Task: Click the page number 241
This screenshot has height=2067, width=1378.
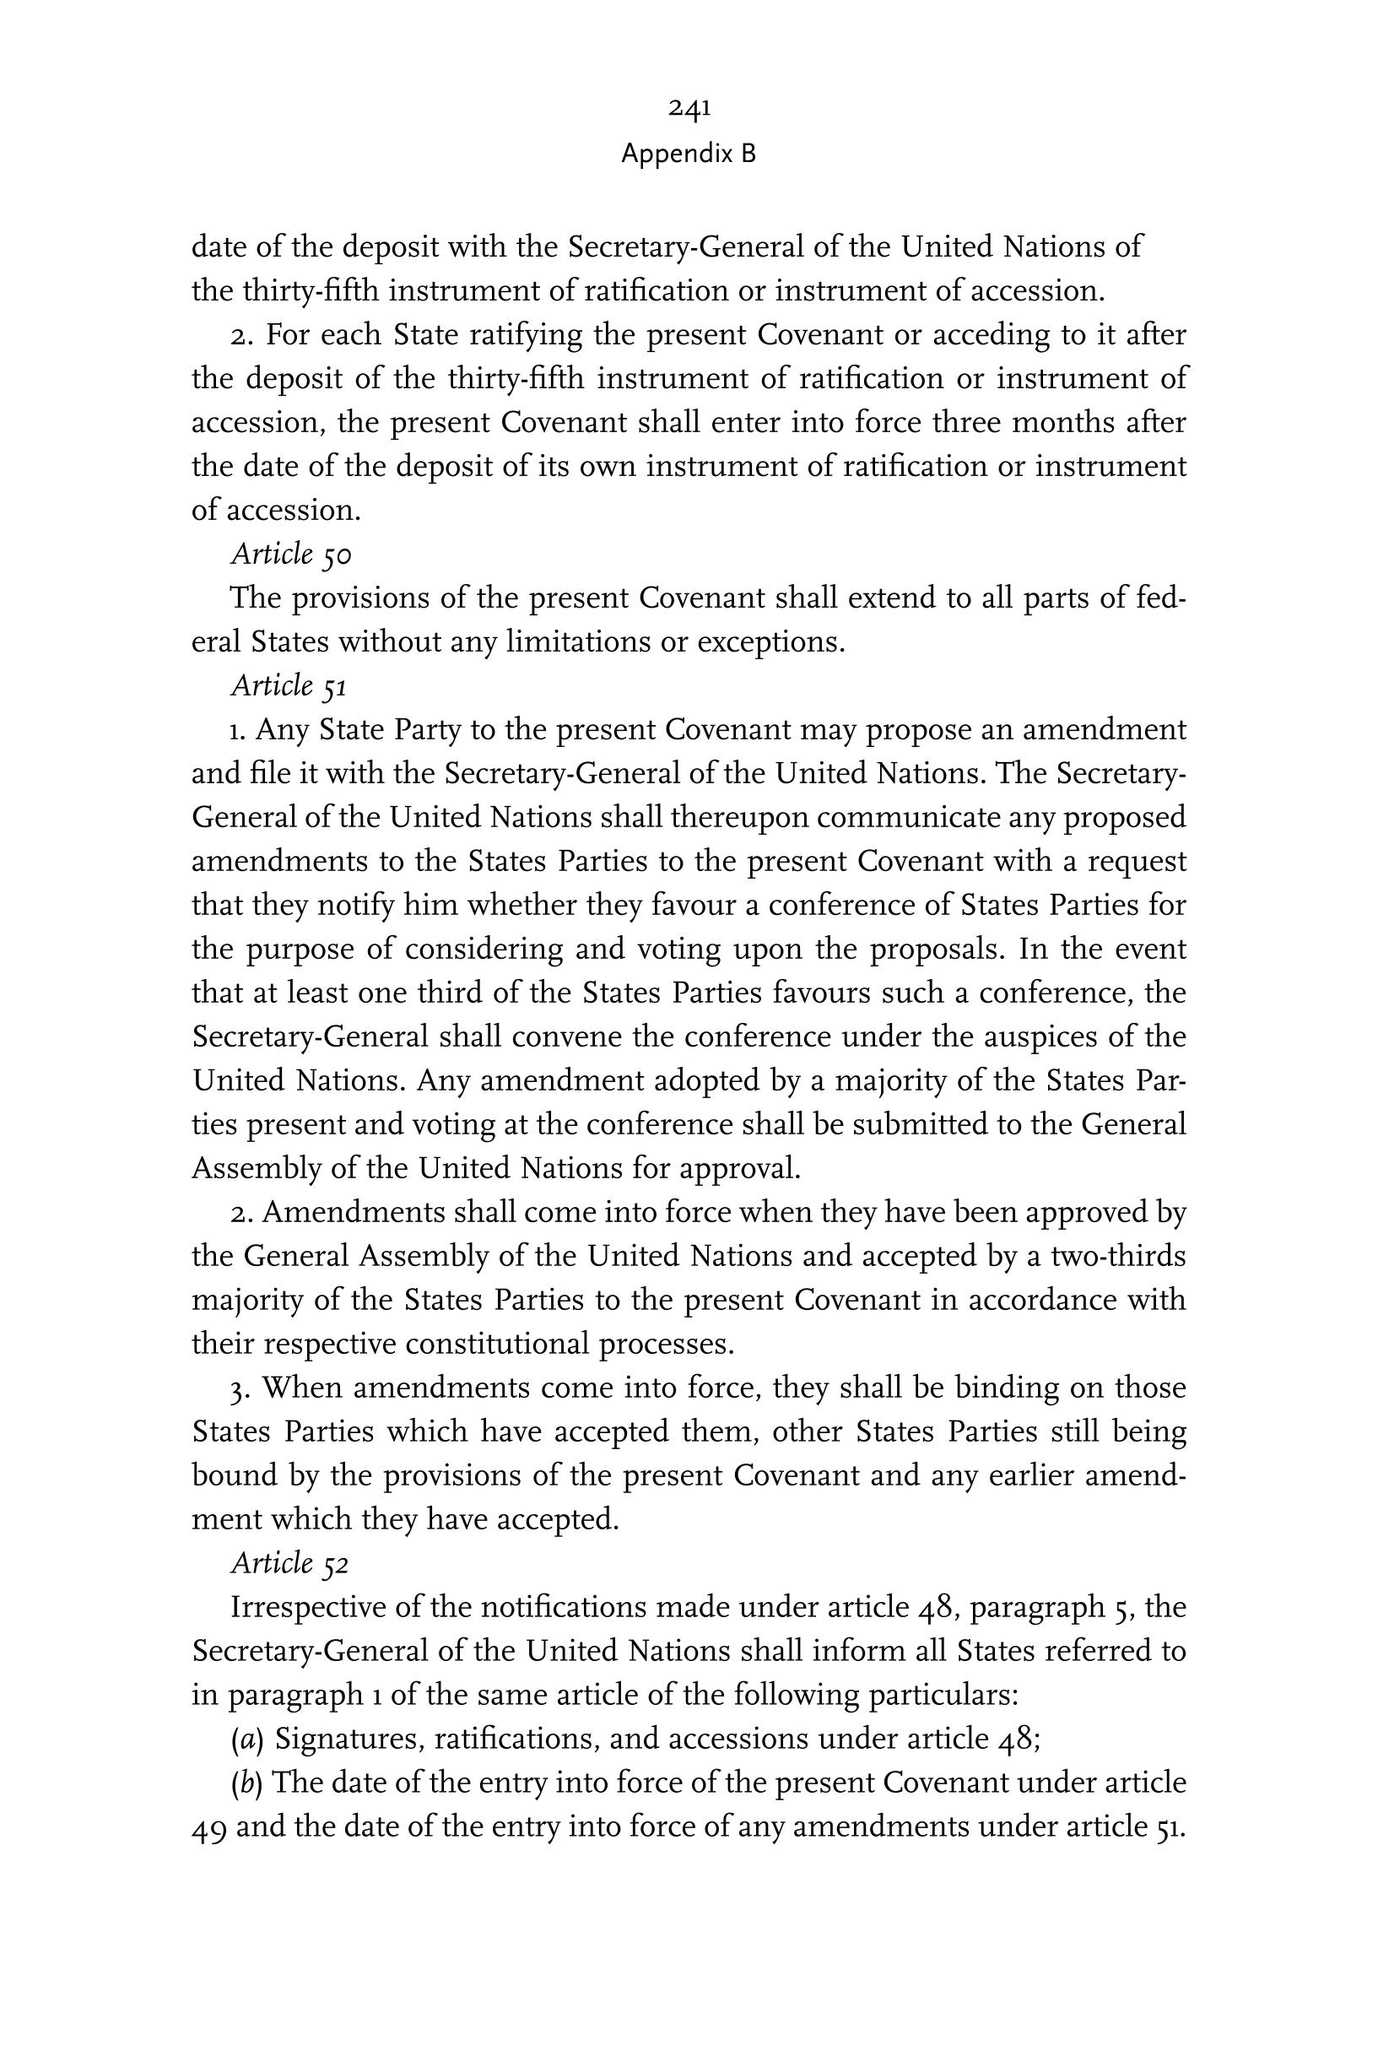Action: tap(689, 108)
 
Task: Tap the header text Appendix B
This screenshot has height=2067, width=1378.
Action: tap(688, 154)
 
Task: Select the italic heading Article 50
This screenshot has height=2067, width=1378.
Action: tap(291, 555)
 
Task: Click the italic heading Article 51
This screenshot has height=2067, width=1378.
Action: tap(289, 686)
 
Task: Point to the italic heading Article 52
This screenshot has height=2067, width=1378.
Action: tap(290, 1563)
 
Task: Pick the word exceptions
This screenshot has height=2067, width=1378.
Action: tap(770, 642)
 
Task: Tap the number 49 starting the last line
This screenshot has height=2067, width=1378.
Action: tap(210, 1828)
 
